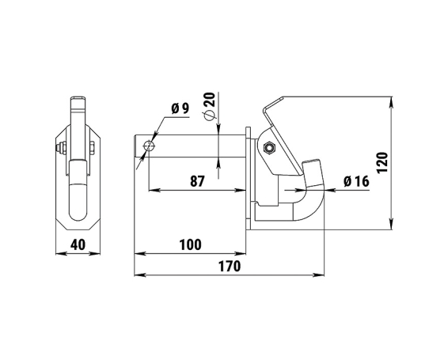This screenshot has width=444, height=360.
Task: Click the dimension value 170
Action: pyautogui.click(x=230, y=266)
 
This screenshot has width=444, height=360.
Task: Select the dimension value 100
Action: pyautogui.click(x=191, y=244)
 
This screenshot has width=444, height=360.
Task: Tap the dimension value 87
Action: pyautogui.click(x=197, y=181)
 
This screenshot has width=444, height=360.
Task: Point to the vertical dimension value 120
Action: pyautogui.click(x=382, y=163)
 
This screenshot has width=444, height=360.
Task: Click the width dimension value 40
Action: pyautogui.click(x=78, y=244)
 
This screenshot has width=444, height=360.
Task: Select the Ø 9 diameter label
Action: pyautogui.click(x=180, y=108)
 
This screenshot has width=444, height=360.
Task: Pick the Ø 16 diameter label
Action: pyautogui.click(x=356, y=181)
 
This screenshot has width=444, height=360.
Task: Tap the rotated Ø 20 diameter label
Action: pyautogui.click(x=211, y=106)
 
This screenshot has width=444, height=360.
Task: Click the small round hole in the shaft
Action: pyautogui.click(x=150, y=147)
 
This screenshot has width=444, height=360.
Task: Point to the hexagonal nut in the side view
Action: pyautogui.click(x=269, y=147)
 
